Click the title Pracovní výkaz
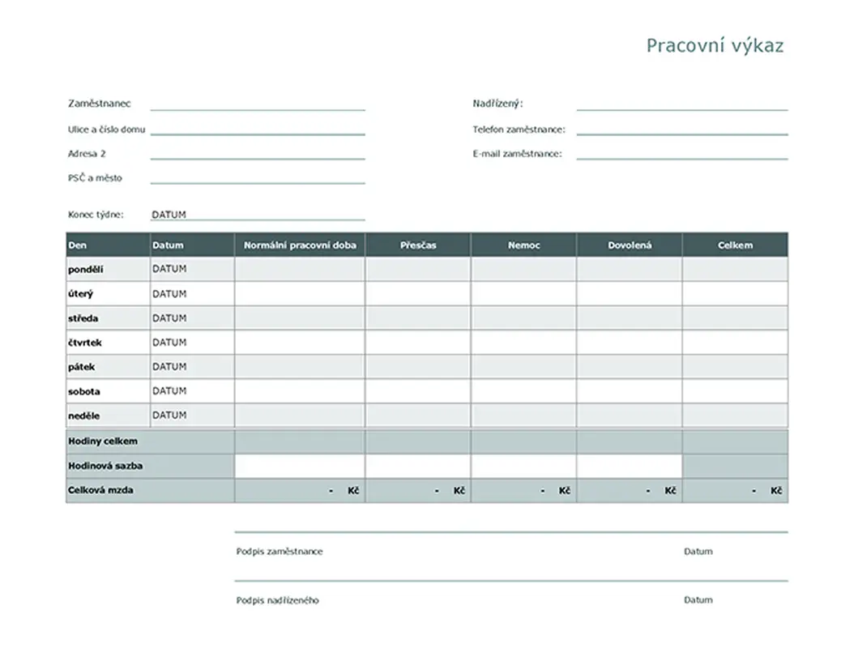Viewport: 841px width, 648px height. (715, 45)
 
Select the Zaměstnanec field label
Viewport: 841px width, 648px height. (100, 104)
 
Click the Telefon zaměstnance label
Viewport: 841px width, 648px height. (519, 130)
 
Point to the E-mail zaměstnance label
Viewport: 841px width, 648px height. (517, 154)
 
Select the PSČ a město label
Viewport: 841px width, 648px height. (95, 178)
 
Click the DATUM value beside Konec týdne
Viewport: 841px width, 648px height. (169, 215)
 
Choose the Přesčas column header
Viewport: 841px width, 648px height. (417, 245)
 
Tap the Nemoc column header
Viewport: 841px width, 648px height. (523, 245)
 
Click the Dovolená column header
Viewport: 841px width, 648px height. (630, 245)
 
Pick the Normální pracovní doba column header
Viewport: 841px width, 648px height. (300, 245)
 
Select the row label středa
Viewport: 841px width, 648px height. (83, 318)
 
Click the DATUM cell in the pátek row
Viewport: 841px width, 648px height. (169, 367)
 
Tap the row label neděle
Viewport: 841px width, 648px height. (84, 416)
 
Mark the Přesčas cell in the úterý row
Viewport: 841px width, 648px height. (417, 293)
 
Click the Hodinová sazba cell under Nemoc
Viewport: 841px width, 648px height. (523, 466)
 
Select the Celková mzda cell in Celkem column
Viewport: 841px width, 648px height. (735, 491)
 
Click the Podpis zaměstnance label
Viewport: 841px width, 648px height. (280, 552)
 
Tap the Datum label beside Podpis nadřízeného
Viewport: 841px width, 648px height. (698, 600)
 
